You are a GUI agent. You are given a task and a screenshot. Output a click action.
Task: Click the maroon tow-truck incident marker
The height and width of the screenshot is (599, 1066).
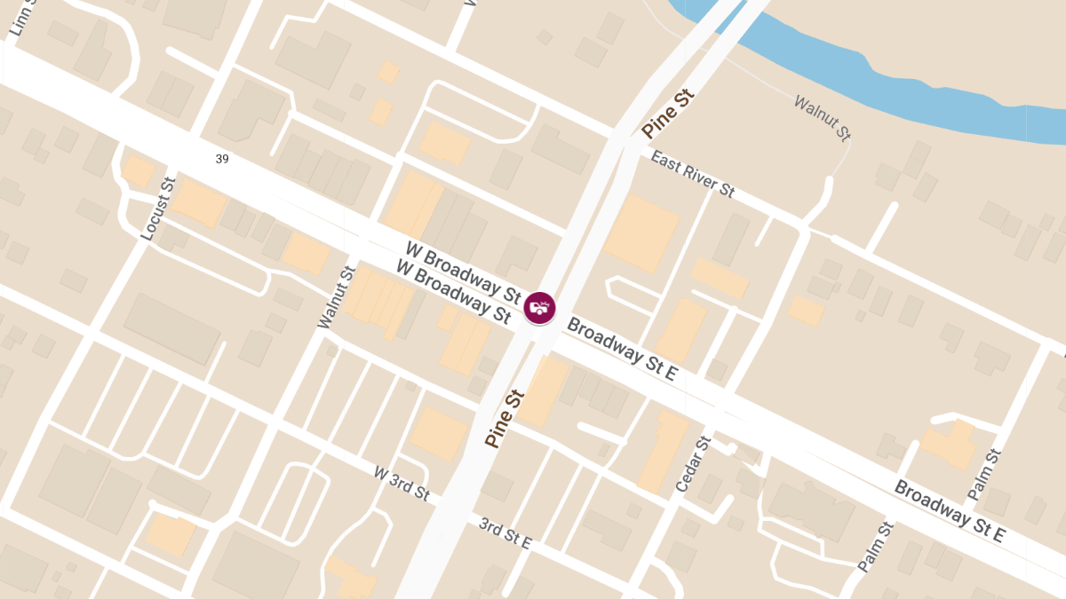[539, 307]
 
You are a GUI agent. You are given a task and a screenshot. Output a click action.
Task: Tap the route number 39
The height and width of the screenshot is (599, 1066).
[222, 158]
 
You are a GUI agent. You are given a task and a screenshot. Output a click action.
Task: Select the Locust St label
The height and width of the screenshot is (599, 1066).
[159, 209]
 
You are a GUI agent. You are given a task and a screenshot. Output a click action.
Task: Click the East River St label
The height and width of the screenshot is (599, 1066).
[693, 174]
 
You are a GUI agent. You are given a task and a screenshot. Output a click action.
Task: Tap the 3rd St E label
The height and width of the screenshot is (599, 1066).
[505, 533]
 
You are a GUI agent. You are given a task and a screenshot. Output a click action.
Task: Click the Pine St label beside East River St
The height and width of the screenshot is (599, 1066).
[666, 114]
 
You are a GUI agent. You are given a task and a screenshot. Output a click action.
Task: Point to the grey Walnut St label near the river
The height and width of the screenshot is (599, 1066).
[822, 118]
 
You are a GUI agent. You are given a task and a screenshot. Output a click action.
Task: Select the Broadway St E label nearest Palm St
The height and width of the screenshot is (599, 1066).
[949, 511]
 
